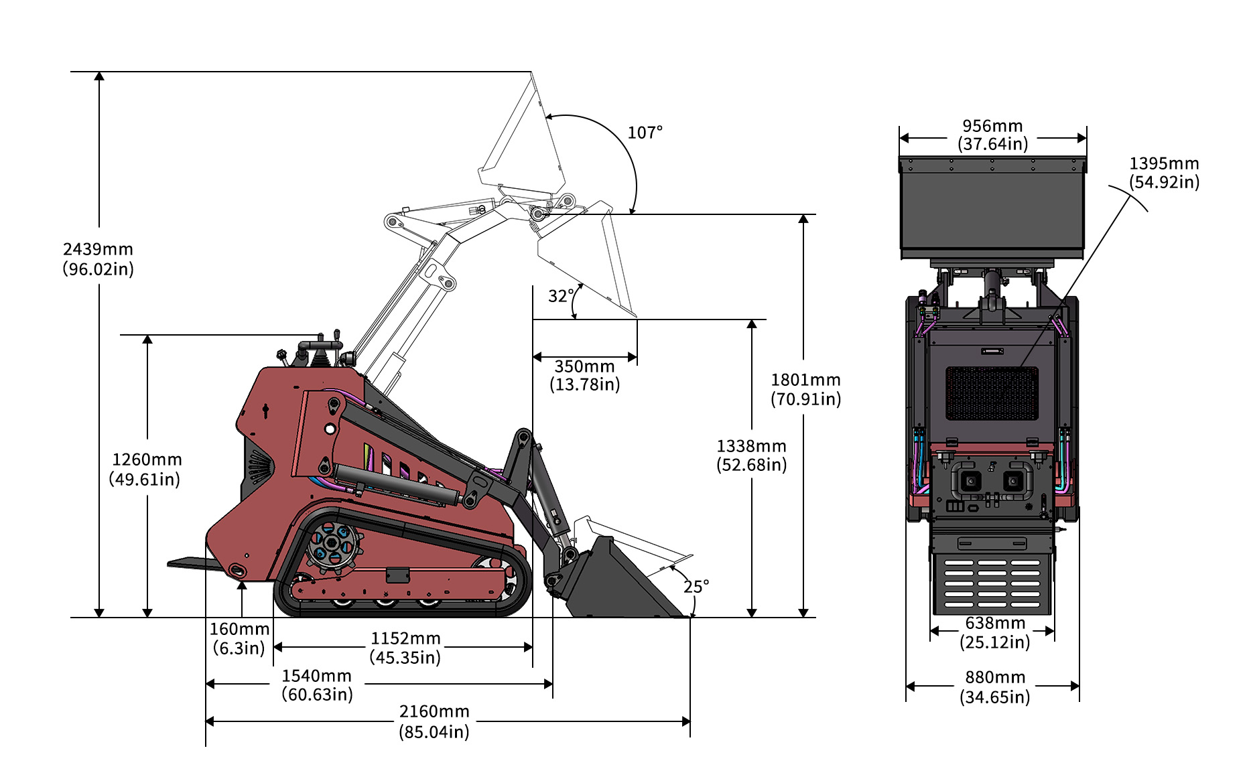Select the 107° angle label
645,133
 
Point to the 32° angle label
560,296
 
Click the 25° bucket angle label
696,587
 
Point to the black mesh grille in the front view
992,393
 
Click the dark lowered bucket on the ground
620,583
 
